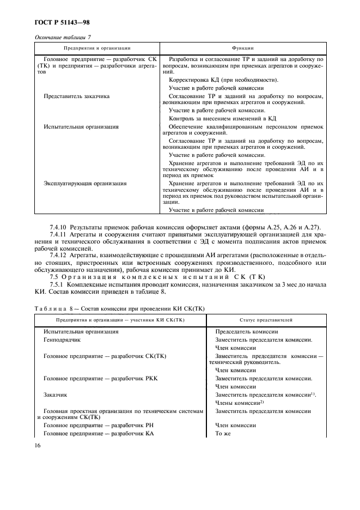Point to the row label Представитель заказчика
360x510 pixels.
pos(76,96)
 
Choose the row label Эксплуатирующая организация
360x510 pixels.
pos(85,184)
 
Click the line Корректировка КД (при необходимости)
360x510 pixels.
pos(216,80)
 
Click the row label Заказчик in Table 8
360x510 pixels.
pos(55,393)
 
